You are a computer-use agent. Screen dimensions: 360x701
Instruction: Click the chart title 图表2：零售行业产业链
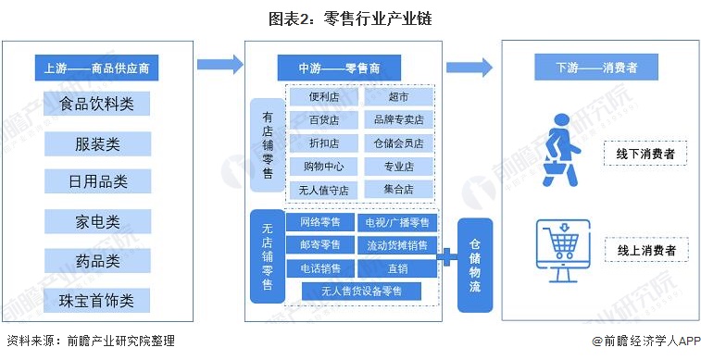(x=351, y=19)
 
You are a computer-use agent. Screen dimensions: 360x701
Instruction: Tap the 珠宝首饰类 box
(x=97, y=301)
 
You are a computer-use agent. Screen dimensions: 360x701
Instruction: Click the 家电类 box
(x=97, y=222)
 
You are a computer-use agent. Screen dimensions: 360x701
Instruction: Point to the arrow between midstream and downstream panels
(x=469, y=67)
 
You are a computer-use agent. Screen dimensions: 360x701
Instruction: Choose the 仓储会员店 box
(x=398, y=143)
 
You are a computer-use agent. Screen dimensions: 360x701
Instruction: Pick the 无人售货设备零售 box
(x=361, y=292)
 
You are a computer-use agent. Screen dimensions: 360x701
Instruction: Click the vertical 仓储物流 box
(x=475, y=266)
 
